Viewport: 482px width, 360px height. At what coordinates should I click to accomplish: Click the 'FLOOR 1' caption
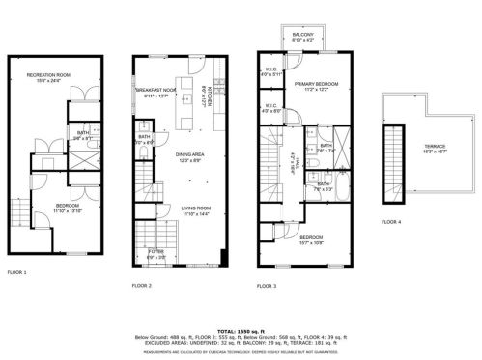coord(17,273)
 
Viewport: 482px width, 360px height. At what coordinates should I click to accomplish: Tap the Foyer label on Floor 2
coord(156,256)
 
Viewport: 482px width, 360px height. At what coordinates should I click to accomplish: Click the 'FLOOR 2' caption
coord(142,286)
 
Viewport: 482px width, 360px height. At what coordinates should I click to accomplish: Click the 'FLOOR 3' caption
coord(267,286)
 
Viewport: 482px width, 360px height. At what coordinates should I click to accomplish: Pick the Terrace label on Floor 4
coord(434,149)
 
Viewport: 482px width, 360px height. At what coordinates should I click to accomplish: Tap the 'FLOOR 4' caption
coord(390,222)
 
